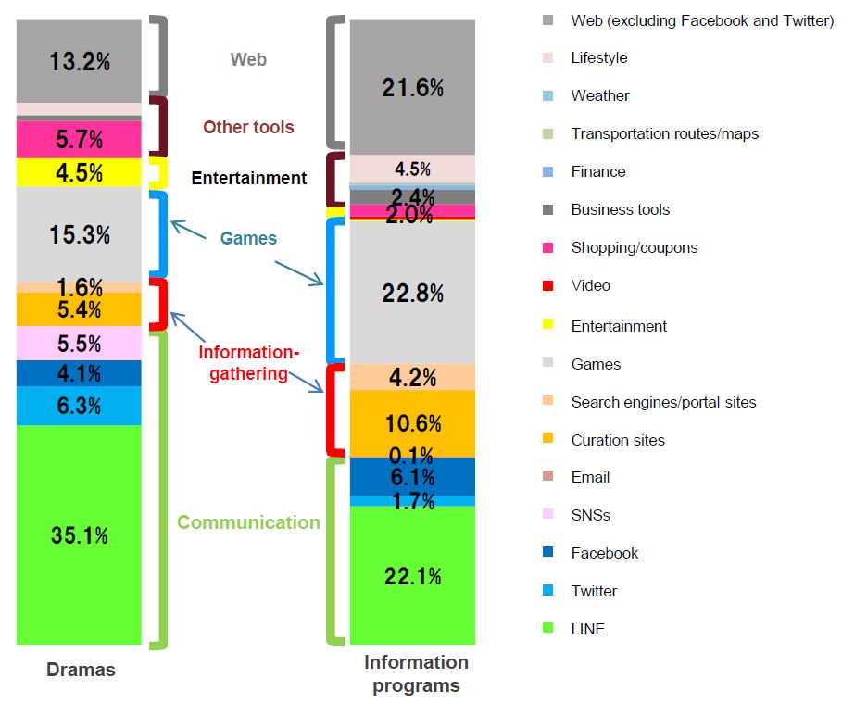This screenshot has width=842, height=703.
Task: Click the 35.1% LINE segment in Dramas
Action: point(79,534)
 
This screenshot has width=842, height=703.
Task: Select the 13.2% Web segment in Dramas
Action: point(79,61)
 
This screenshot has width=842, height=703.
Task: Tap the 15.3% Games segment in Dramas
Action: point(79,234)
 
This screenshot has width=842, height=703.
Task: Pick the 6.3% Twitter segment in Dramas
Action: point(79,406)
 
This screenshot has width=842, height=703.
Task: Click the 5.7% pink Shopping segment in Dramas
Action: point(79,140)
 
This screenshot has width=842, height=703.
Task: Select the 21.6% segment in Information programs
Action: point(412,88)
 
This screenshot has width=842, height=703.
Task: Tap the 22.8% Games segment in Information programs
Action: point(412,293)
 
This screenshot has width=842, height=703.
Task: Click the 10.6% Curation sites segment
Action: point(412,423)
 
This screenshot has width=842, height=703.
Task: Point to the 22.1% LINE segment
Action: point(412,575)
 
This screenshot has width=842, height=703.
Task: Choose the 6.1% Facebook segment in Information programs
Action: point(412,476)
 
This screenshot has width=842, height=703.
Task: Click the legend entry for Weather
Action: point(599,95)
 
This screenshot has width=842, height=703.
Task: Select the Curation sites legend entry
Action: point(617,440)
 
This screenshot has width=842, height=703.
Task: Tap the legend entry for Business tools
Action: point(620,209)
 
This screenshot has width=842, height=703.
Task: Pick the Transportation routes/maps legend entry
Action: point(664,133)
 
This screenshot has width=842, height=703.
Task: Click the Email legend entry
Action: point(590,477)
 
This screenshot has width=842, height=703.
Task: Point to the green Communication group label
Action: point(248,522)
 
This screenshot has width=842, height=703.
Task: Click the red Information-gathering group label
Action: point(248,363)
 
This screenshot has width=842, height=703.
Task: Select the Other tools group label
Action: point(248,127)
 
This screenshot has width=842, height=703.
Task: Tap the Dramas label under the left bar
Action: point(81,670)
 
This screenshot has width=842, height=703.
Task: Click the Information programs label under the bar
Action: point(416,673)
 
